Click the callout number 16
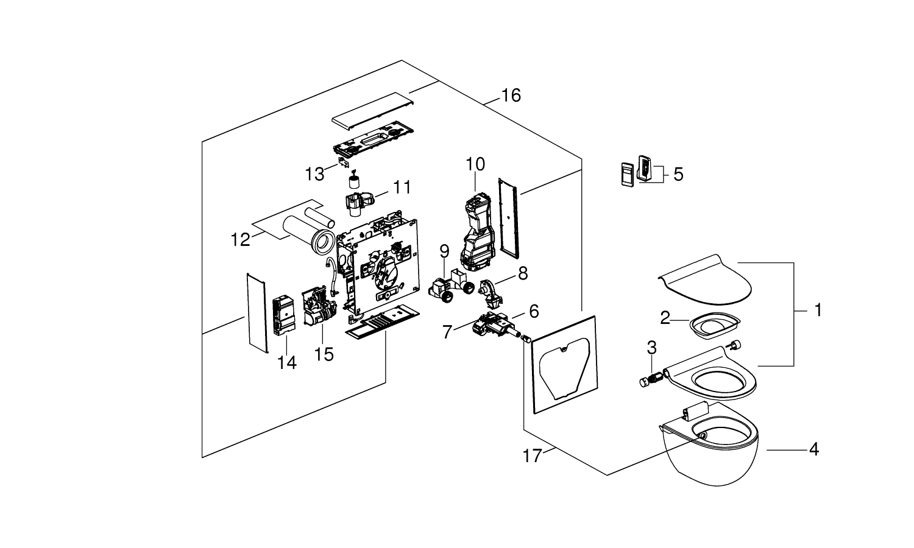511,96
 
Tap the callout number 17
532,455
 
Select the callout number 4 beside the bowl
813,450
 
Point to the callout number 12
240,240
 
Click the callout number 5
678,175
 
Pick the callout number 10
475,164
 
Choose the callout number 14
286,363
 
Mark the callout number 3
651,348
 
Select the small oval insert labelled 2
714,324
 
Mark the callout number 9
444,251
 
